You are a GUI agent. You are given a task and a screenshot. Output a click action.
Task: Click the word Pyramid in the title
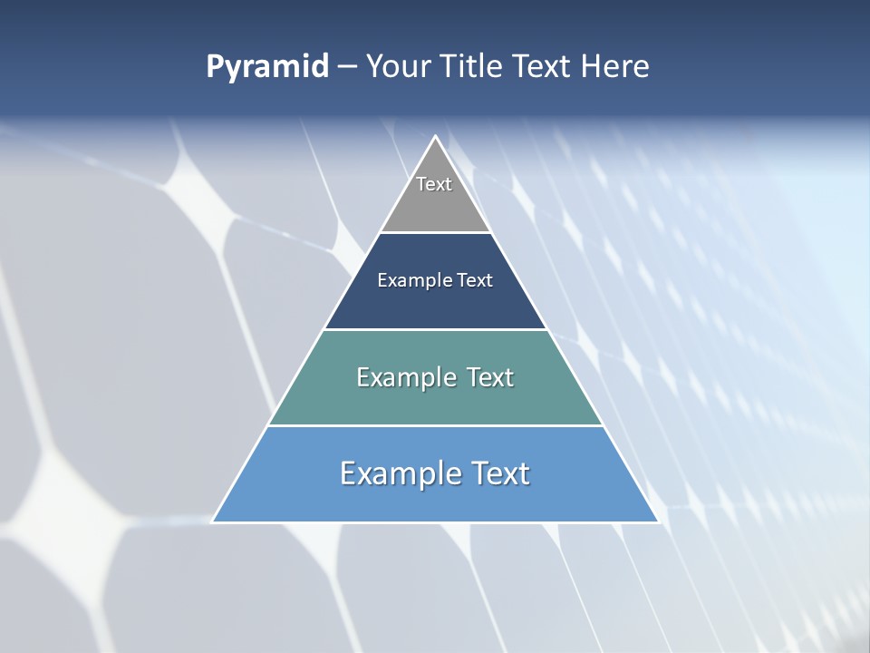pos(267,67)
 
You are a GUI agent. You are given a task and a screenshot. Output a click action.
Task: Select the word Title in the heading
pos(471,67)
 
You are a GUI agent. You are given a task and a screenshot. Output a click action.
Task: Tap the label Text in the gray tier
pos(434,184)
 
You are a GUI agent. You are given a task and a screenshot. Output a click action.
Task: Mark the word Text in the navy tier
pos(476,280)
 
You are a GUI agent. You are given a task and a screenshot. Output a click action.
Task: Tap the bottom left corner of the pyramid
pos(214,521)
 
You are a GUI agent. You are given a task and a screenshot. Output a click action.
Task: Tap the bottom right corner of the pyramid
pos(657,521)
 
